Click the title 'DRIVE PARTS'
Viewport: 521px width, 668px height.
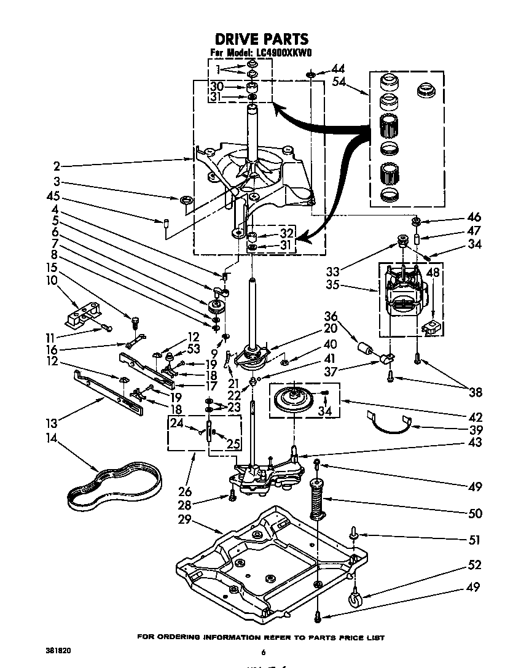(x=261, y=40)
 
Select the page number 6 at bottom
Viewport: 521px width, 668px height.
(x=263, y=652)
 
